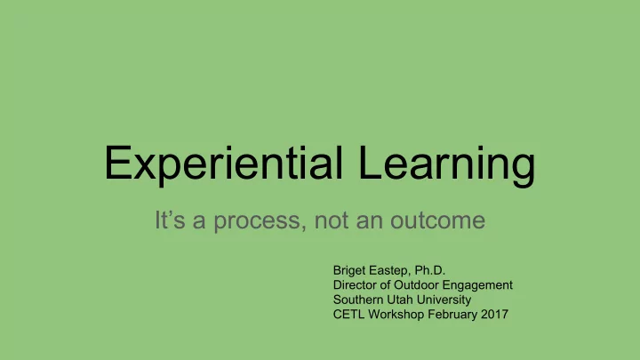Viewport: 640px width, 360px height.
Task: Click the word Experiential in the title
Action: [224, 164]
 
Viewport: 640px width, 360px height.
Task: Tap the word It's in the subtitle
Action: [170, 220]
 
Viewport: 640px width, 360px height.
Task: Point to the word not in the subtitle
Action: [332, 220]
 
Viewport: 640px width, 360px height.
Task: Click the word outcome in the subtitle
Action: [437, 220]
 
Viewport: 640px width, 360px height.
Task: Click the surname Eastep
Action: [391, 271]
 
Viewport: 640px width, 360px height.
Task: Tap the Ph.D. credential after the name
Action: [430, 270]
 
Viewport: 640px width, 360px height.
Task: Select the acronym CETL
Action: [349, 315]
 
